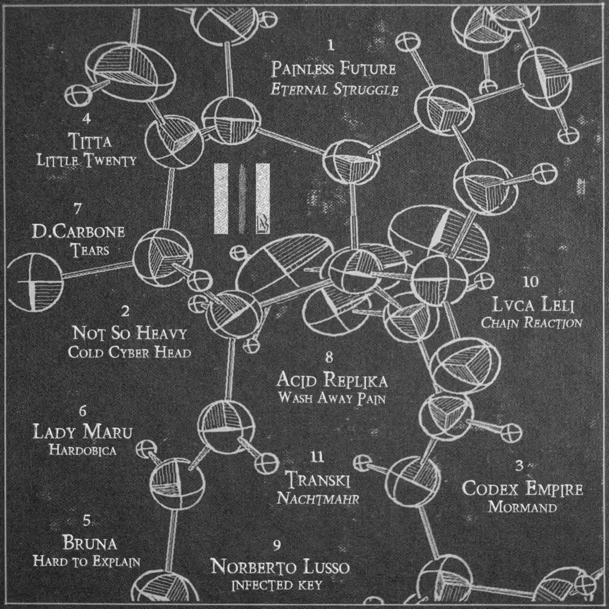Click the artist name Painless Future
point(333,69)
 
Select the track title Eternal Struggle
point(334,89)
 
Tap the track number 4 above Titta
point(87,118)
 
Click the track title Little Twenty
point(86,160)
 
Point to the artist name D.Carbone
point(78,231)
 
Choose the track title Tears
point(89,250)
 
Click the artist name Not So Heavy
point(129,333)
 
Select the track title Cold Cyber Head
point(129,352)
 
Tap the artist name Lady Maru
point(82,432)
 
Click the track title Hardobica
point(83,450)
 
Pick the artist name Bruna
point(90,542)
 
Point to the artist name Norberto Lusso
point(280,567)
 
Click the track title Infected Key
point(277,585)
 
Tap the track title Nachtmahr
point(318,499)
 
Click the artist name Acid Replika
point(332,379)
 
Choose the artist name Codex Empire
point(522,488)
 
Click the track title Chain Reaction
point(532,323)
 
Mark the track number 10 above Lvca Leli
point(530,281)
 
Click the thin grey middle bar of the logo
point(243,199)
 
